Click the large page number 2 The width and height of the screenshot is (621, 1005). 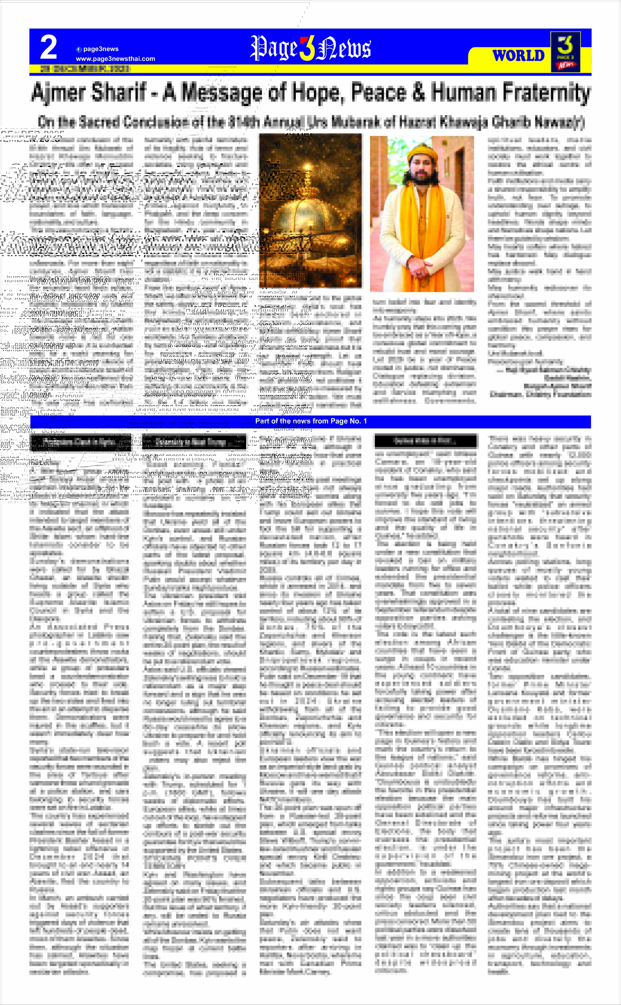(49, 47)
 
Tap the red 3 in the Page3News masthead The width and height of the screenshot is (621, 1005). (306, 49)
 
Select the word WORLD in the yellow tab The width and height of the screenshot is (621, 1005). (518, 55)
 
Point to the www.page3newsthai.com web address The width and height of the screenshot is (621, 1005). (115, 59)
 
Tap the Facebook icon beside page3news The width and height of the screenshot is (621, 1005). (78, 49)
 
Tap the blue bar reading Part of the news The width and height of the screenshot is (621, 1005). (310, 421)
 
